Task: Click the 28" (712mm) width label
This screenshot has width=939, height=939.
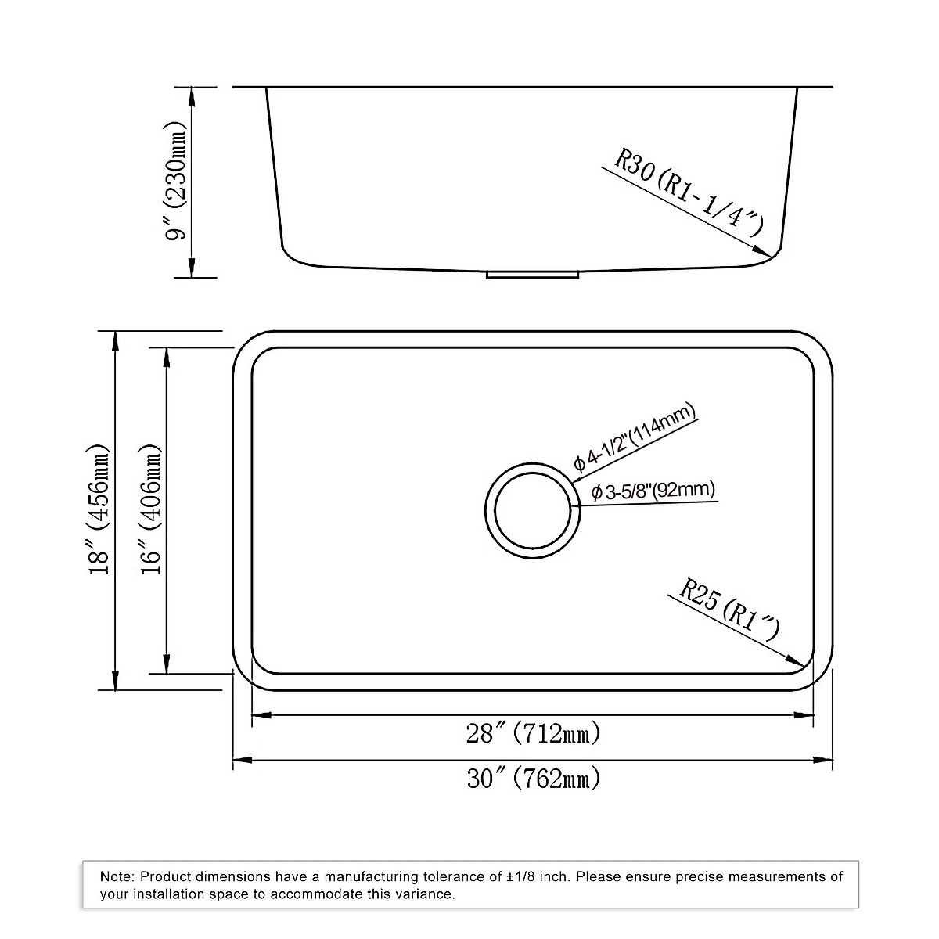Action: pyautogui.click(x=533, y=734)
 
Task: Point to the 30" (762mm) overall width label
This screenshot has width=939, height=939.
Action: pyautogui.click(x=534, y=778)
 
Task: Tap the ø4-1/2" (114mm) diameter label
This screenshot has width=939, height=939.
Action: pyautogui.click(x=635, y=438)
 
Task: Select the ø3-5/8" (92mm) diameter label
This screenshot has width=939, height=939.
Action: pyautogui.click(x=653, y=491)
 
